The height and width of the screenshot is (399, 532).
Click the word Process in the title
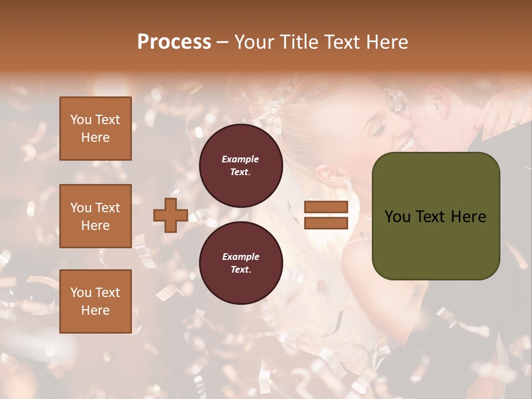click(x=174, y=42)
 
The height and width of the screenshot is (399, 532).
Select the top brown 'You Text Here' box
click(x=95, y=129)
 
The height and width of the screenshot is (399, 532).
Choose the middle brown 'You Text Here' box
click(x=95, y=216)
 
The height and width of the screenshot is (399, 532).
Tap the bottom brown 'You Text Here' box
click(x=95, y=301)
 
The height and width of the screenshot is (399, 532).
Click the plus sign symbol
click(x=171, y=215)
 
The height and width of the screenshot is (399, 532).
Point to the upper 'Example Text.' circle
click(x=241, y=166)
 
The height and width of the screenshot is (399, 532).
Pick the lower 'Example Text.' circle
click(x=241, y=263)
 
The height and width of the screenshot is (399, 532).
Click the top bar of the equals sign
click(x=326, y=207)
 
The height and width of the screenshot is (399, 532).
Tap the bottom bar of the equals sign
click(x=326, y=223)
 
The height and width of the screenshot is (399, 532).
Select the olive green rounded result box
click(x=436, y=216)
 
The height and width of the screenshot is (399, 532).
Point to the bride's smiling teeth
click(x=408, y=145)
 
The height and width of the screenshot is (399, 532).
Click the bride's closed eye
click(x=378, y=130)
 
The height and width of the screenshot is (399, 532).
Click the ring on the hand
click(x=513, y=121)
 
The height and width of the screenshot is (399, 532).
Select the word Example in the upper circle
click(x=241, y=159)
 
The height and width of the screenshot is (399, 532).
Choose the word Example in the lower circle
click(x=241, y=257)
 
